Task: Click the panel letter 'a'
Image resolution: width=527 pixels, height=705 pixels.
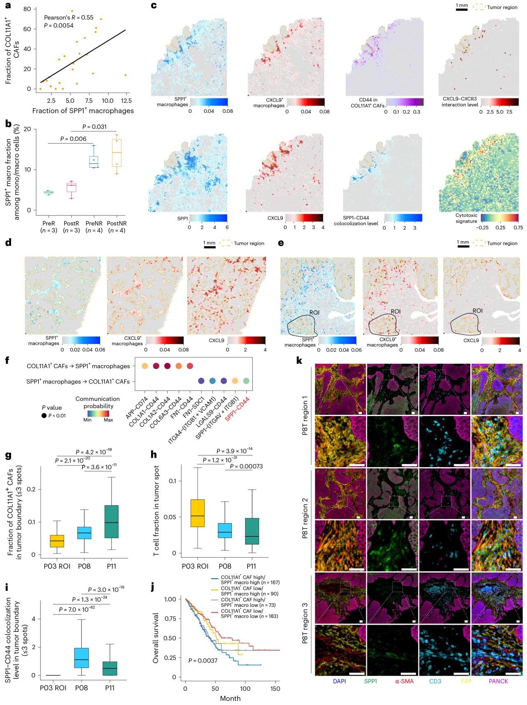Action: (x=8, y=6)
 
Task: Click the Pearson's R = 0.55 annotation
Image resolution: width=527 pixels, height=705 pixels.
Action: (x=68, y=18)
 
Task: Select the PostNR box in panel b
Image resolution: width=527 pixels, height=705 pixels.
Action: (x=117, y=153)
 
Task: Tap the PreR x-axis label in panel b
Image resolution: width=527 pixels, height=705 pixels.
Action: (x=49, y=223)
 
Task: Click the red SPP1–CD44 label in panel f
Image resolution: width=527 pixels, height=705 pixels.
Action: (x=238, y=409)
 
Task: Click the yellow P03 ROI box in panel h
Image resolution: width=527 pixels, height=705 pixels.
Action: (x=198, y=513)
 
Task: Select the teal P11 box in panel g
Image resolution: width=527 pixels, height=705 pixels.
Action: (x=112, y=521)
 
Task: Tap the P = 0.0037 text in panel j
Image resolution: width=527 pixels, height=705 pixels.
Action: (x=203, y=661)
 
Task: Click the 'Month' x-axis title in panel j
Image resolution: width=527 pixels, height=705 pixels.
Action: (x=230, y=698)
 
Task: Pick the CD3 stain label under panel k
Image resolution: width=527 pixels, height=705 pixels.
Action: (x=435, y=681)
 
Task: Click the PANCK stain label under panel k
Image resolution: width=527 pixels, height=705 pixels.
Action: (x=498, y=681)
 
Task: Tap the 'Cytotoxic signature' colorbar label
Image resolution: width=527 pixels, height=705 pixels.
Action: (x=466, y=218)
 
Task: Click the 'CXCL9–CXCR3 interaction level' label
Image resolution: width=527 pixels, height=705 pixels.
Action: (x=459, y=102)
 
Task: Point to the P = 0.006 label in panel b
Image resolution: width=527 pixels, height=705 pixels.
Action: (x=73, y=139)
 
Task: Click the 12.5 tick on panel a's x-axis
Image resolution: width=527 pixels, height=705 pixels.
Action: (x=126, y=100)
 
